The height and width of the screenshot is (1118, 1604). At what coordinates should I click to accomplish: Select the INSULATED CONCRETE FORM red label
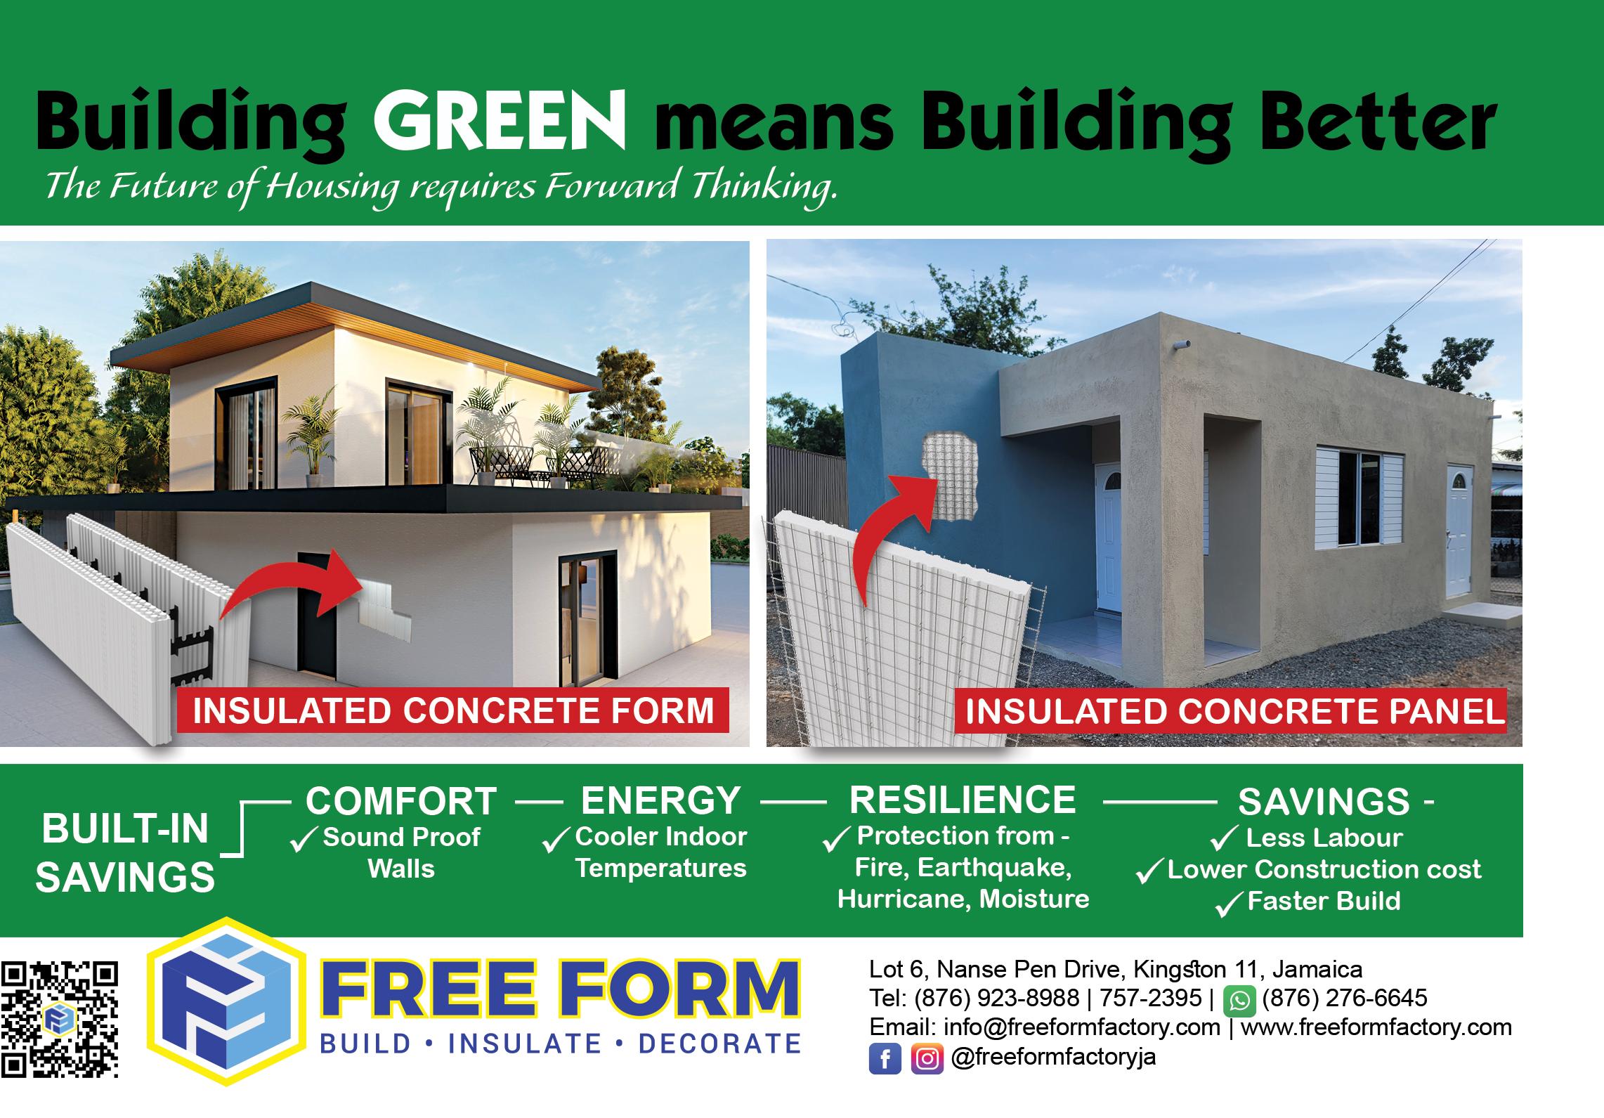pos(453,710)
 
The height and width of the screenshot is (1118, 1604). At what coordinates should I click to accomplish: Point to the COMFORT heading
pos(401,800)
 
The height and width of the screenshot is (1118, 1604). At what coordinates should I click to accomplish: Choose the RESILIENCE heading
pos(963,800)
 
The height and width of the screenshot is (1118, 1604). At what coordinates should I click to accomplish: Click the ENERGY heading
pos(660,800)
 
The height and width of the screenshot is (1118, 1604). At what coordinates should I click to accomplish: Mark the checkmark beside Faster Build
pos(1229,904)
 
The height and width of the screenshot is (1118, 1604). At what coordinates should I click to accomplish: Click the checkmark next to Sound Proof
pos(304,840)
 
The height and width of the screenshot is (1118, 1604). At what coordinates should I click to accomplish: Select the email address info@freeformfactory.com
pos(1082,1027)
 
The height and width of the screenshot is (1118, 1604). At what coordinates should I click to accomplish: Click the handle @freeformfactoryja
pos(1053,1058)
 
